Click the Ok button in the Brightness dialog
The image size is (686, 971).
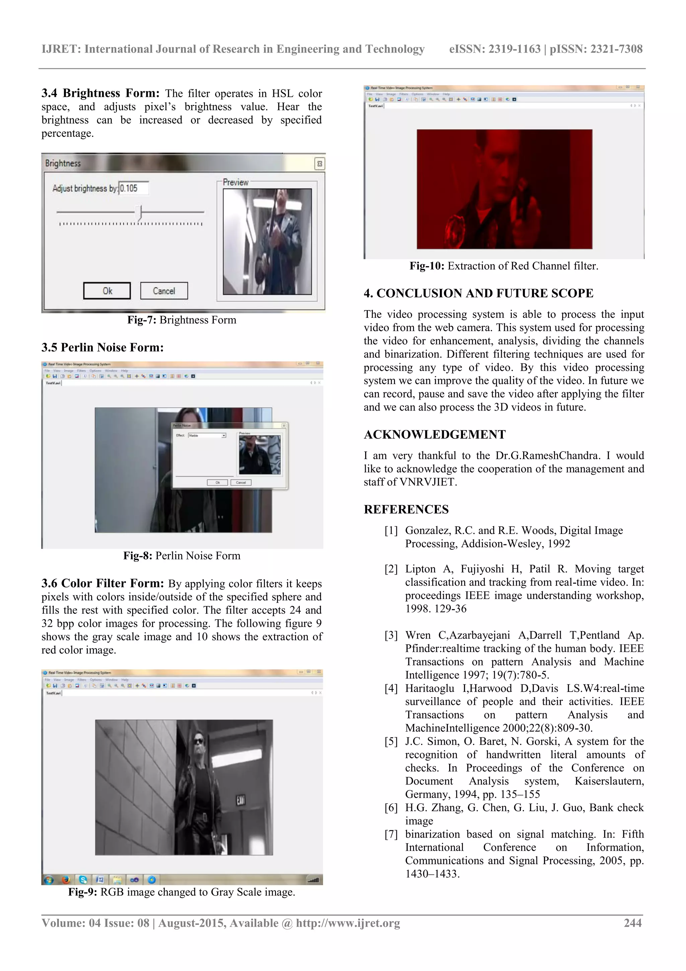(107, 291)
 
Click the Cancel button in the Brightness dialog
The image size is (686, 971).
(164, 291)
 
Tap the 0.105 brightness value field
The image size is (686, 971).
(134, 188)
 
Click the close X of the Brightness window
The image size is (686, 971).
(320, 164)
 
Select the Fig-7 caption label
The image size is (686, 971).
(142, 320)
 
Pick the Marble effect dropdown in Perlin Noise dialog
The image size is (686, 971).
(207, 435)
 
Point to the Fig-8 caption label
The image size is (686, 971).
(137, 556)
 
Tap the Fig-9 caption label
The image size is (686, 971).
(83, 892)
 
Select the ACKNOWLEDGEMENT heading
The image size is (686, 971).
(434, 434)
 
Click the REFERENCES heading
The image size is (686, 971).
(406, 509)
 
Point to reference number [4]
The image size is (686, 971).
(391, 689)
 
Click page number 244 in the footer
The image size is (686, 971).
(633, 923)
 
